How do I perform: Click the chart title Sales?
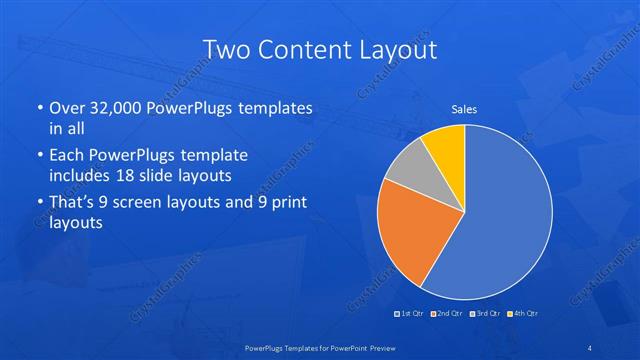(464, 108)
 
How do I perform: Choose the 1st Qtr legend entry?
(410, 314)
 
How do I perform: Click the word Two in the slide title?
(224, 49)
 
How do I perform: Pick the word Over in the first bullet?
(68, 108)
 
